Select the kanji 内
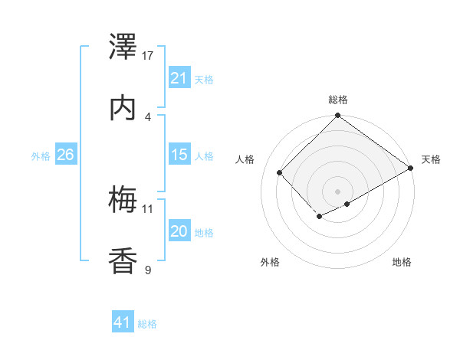(x=123, y=108)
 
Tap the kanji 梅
(x=123, y=200)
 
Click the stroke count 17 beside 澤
(x=148, y=56)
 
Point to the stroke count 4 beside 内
(x=148, y=116)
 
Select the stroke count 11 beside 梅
(x=148, y=208)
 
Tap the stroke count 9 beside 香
(x=148, y=270)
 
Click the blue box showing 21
(x=179, y=77)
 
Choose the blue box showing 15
(x=179, y=155)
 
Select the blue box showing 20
(x=179, y=231)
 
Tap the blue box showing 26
(x=65, y=155)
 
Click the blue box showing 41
(x=123, y=322)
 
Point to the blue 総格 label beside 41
(x=147, y=324)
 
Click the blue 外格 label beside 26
(x=41, y=155)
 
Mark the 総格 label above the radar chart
(x=337, y=100)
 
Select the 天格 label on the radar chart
(x=431, y=159)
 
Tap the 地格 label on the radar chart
(x=402, y=262)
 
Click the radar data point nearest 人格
(x=280, y=172)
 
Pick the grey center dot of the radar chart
(x=337, y=191)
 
